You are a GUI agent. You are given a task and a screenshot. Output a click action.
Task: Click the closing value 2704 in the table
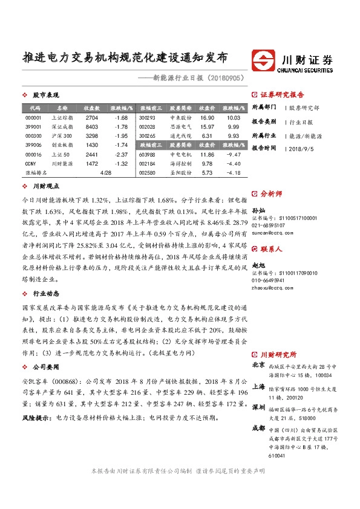pos(92,117)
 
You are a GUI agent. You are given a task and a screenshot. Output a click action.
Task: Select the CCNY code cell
pos(31,163)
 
